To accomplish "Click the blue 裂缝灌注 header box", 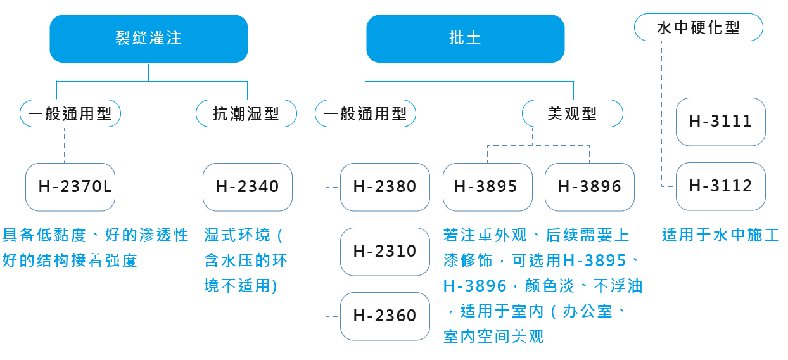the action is click(x=149, y=39).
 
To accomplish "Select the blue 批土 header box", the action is click(x=466, y=39).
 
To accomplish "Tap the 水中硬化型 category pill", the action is click(x=699, y=27).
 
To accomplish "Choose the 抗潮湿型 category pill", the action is click(x=246, y=113).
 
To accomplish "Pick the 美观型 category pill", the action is click(x=573, y=113).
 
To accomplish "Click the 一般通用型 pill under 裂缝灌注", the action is click(x=70, y=113).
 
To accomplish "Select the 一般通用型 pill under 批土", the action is click(x=365, y=113).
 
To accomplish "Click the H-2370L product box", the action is click(x=70, y=187).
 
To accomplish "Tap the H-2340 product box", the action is click(x=248, y=187).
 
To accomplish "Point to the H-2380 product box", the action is click(x=385, y=187).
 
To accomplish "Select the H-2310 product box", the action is click(x=385, y=252).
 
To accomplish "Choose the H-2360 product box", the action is click(x=385, y=316).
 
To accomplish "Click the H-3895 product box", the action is click(x=488, y=187).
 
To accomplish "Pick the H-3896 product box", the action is click(x=590, y=187).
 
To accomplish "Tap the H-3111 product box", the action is click(x=721, y=122).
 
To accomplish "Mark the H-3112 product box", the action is click(x=721, y=186).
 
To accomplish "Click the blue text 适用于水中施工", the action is click(x=721, y=235).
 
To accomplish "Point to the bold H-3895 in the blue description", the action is click(x=595, y=260).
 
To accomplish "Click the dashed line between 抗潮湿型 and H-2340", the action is click(x=248, y=145).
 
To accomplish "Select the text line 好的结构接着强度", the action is click(x=70, y=260).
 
